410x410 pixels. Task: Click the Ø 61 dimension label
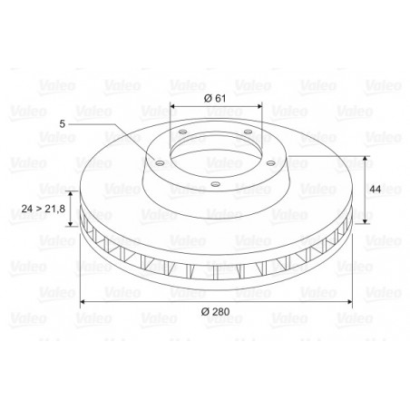click(215, 98)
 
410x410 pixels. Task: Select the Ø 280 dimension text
click(216, 311)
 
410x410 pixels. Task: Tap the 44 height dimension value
click(376, 190)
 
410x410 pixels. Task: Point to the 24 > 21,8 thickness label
click(44, 209)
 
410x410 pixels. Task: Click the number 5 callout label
click(63, 123)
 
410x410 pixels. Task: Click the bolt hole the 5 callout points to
click(160, 163)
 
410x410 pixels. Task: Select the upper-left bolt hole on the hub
click(182, 132)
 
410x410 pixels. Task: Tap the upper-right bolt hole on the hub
click(248, 132)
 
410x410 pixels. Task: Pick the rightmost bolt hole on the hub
click(270, 163)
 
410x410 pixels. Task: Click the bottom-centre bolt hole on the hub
click(215, 184)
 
